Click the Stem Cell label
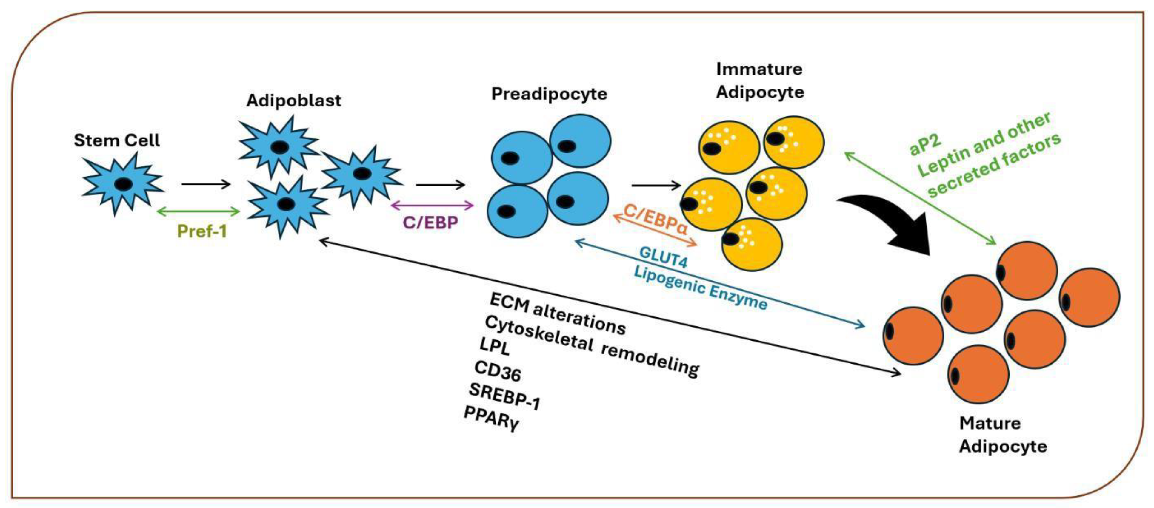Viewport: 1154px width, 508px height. coord(116,140)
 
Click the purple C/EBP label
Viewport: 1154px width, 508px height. coord(430,223)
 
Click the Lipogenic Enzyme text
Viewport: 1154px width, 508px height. coord(701,288)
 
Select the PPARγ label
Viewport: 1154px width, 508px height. coord(491,418)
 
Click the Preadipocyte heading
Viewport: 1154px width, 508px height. coord(549,94)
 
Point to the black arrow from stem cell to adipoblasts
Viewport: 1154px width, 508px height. coord(206,184)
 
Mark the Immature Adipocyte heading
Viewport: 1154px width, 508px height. coord(760,81)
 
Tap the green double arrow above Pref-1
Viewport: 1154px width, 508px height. coord(199,211)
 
